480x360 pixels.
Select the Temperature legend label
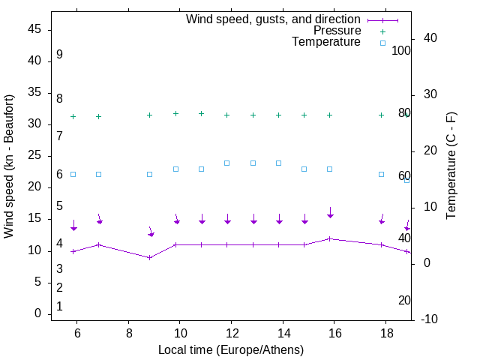326,42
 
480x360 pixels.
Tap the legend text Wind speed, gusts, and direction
273,19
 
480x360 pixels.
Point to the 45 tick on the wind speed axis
34,29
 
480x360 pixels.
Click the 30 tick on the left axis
34,124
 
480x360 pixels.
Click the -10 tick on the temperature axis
431,319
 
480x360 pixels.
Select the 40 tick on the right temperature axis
431,38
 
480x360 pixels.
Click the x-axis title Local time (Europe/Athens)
231,349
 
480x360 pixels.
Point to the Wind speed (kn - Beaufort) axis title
9,166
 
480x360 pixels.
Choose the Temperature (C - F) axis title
451,166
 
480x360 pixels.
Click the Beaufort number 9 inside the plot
59,55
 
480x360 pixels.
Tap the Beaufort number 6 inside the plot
59,175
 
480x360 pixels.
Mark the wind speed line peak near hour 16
330,238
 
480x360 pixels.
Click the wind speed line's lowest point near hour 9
150,257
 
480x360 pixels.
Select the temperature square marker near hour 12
227,163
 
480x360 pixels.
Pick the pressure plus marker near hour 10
175,113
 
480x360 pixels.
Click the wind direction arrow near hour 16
330,213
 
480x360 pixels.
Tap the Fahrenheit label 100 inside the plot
401,51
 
